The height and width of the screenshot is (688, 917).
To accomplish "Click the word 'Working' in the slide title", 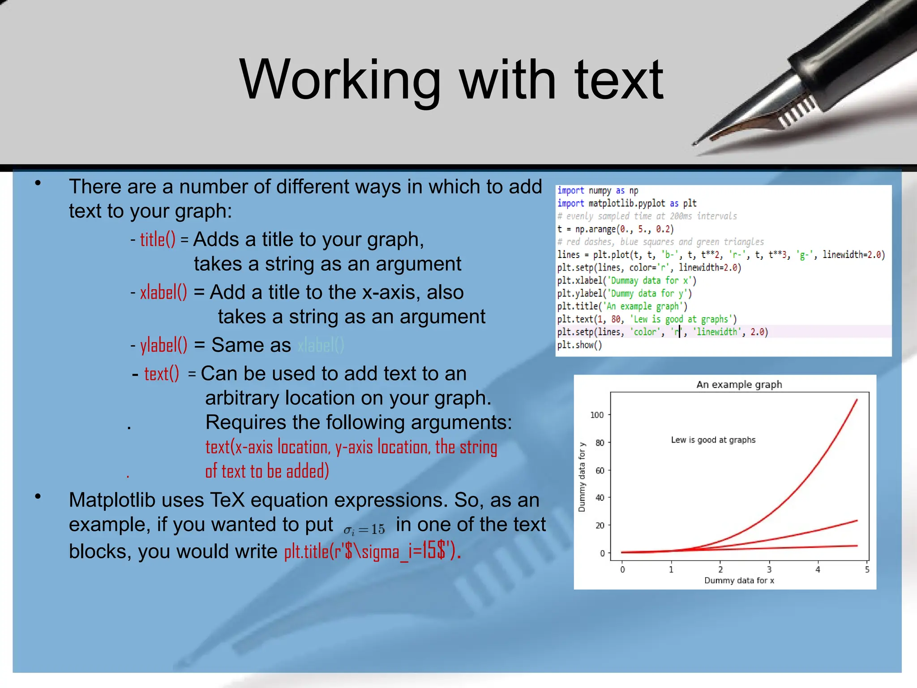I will click(340, 81).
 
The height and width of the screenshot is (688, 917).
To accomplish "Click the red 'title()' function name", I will click(158, 240).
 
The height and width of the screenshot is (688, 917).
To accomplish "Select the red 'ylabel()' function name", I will click(163, 345).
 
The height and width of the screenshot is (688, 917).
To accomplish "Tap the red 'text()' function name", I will click(161, 374).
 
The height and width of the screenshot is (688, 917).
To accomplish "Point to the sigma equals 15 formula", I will click(364, 529).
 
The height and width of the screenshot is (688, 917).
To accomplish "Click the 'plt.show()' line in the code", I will click(579, 345).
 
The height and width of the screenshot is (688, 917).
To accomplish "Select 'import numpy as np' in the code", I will click(597, 190).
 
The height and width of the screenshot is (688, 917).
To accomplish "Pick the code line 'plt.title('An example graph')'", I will click(622, 306).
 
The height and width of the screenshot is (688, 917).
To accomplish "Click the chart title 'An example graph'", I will click(739, 384).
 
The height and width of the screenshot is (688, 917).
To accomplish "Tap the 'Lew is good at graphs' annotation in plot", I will click(713, 440).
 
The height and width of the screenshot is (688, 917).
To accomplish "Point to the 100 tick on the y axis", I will click(597, 415).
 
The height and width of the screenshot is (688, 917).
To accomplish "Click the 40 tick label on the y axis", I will click(600, 498).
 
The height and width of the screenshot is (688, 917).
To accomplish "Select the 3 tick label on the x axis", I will click(769, 570).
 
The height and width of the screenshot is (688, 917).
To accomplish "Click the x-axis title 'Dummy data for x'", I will click(739, 580).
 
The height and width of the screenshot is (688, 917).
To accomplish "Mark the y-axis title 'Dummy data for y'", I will click(582, 477).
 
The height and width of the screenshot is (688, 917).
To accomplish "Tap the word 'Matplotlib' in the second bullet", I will click(112, 500).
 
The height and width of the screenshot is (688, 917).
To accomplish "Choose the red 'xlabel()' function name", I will click(163, 292).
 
